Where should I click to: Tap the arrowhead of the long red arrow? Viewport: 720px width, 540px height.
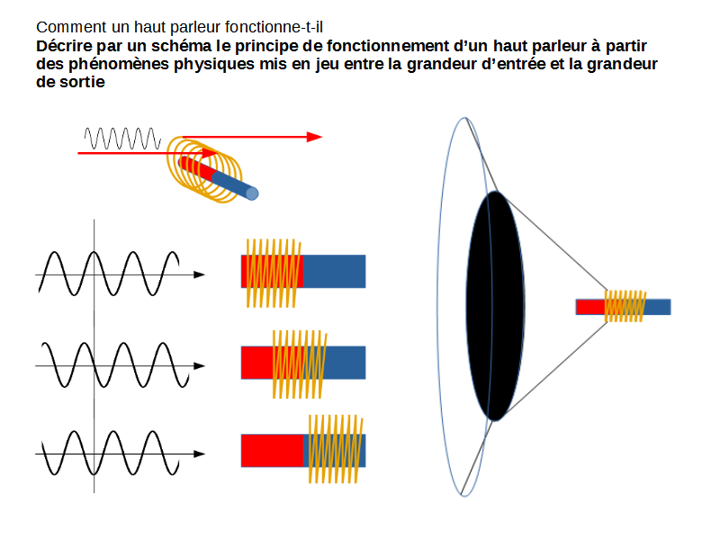pos(314,137)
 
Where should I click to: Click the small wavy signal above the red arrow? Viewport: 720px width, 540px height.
pos(122,139)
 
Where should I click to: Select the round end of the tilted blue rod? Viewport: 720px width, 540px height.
pos(253,193)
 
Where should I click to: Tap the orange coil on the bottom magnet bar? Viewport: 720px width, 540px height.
pos(334,449)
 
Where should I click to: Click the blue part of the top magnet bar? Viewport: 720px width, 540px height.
pos(335,271)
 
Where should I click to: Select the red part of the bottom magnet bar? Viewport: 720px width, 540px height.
pos(273,450)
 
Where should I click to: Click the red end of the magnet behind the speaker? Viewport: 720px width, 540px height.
pos(589,307)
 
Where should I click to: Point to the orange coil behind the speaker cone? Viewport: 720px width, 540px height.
pos(625,306)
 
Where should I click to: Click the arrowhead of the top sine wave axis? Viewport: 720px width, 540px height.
pos(199,274)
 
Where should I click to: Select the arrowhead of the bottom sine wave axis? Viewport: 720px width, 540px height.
pos(199,454)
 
